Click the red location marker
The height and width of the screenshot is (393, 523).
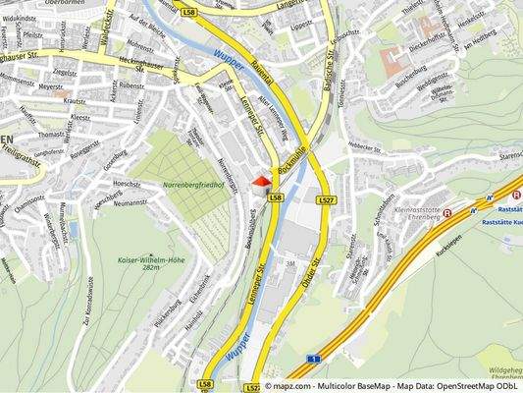(260, 180)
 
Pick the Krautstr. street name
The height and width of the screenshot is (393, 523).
(75, 100)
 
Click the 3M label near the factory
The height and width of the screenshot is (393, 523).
(290, 264)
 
